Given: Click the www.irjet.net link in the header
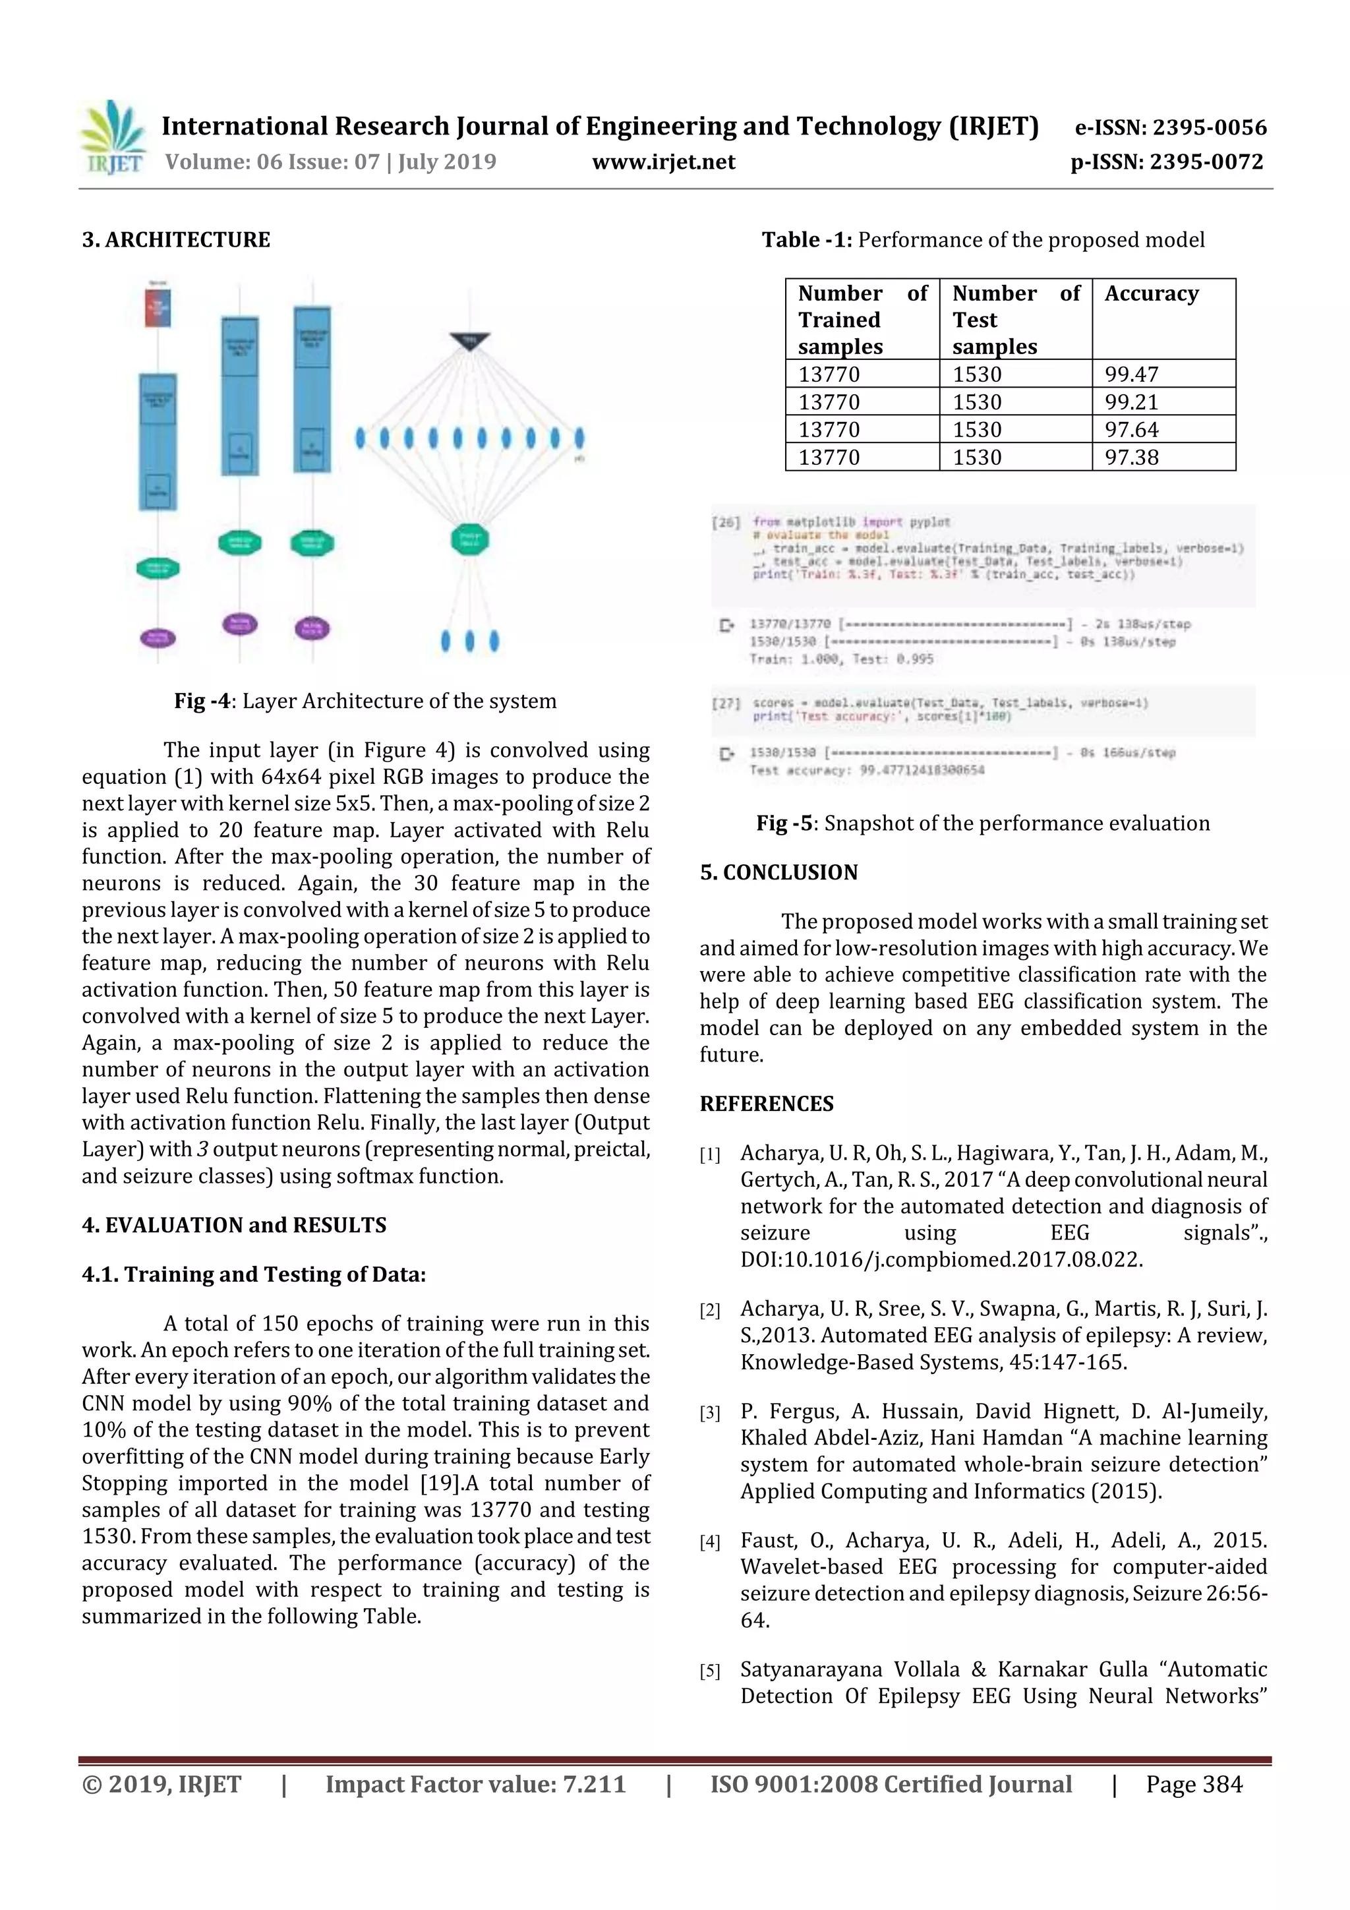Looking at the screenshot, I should (x=663, y=162).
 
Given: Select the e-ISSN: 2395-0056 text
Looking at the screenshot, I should (x=1169, y=127).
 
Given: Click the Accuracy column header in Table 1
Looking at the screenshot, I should (x=1151, y=293).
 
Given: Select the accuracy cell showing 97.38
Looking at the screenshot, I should (x=1131, y=457).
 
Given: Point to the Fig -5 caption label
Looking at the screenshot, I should (x=784, y=823).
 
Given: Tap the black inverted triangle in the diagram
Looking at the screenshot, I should (x=470, y=341).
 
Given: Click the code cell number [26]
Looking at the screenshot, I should (x=726, y=522).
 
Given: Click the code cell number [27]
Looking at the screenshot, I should (x=726, y=703).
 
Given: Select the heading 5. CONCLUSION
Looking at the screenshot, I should (x=778, y=873).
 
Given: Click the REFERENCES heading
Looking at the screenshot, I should (x=766, y=1104).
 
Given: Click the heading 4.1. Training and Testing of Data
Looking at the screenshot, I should (x=254, y=1274).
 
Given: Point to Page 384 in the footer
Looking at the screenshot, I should (x=1194, y=1784).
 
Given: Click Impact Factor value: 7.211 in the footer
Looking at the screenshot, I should (x=475, y=1784).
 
